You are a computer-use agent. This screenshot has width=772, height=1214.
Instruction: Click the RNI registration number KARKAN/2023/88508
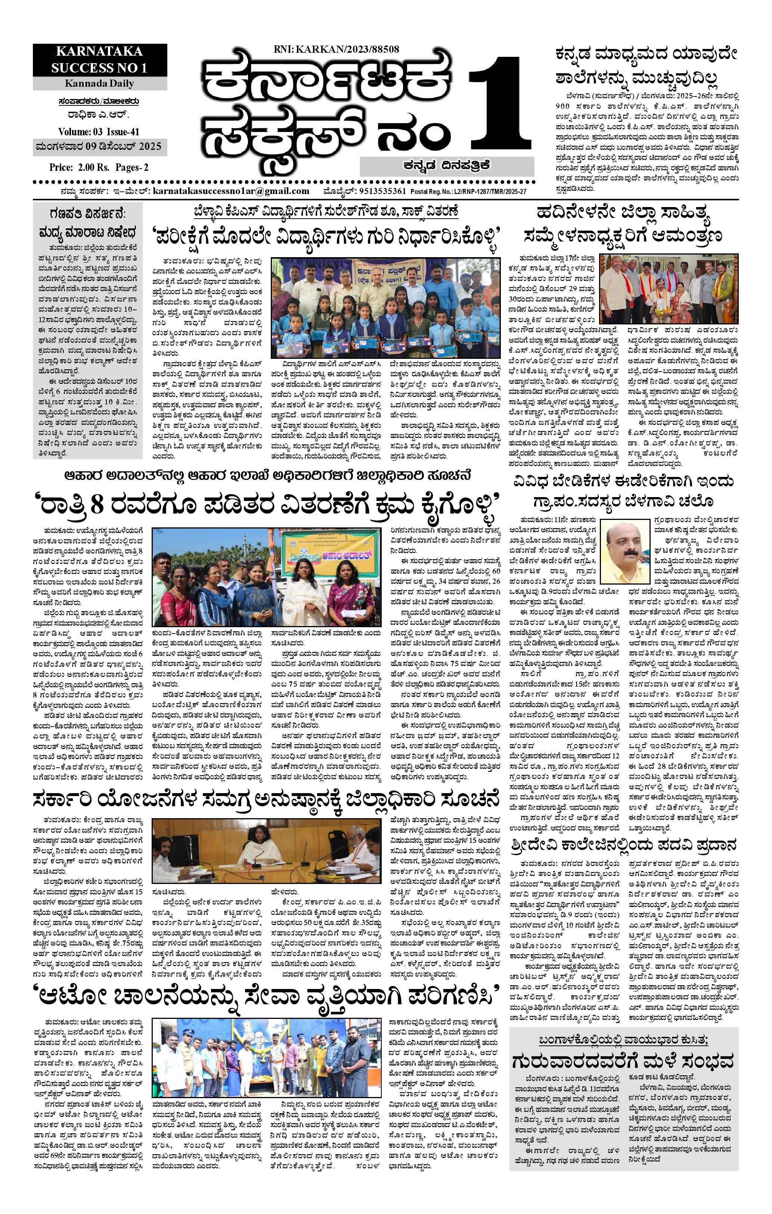(337, 49)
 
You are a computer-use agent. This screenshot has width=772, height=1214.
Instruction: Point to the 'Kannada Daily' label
(99, 83)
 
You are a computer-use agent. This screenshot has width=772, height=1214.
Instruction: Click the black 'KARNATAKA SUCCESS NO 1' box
(99, 59)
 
